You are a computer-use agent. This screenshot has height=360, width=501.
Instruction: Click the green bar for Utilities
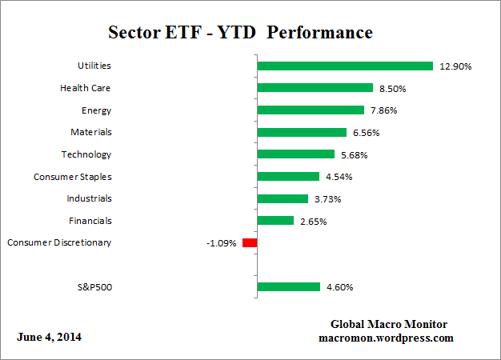[344, 66]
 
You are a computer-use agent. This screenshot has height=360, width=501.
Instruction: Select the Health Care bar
[315, 88]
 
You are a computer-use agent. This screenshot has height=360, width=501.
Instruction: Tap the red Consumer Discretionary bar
[250, 242]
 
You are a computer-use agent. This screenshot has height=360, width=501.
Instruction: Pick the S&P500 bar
[288, 286]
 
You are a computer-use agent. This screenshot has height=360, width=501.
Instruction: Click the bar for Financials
[275, 220]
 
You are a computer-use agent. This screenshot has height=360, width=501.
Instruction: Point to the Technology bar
[295, 154]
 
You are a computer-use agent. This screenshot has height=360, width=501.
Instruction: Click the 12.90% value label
[455, 66]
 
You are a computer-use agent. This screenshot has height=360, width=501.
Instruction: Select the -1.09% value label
[222, 242]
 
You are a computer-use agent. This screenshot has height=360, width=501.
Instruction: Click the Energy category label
[96, 110]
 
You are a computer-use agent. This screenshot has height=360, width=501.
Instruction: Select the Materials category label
[90, 132]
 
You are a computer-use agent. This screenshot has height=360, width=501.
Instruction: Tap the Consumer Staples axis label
[73, 176]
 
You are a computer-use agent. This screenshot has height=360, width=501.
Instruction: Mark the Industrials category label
[89, 198]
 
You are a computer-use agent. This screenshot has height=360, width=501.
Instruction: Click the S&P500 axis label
[91, 286]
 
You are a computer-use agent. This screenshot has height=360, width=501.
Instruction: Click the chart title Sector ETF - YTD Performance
[240, 34]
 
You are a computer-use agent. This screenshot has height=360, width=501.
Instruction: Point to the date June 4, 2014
[49, 337]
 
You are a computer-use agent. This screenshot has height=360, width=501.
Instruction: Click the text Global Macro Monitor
[389, 324]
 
